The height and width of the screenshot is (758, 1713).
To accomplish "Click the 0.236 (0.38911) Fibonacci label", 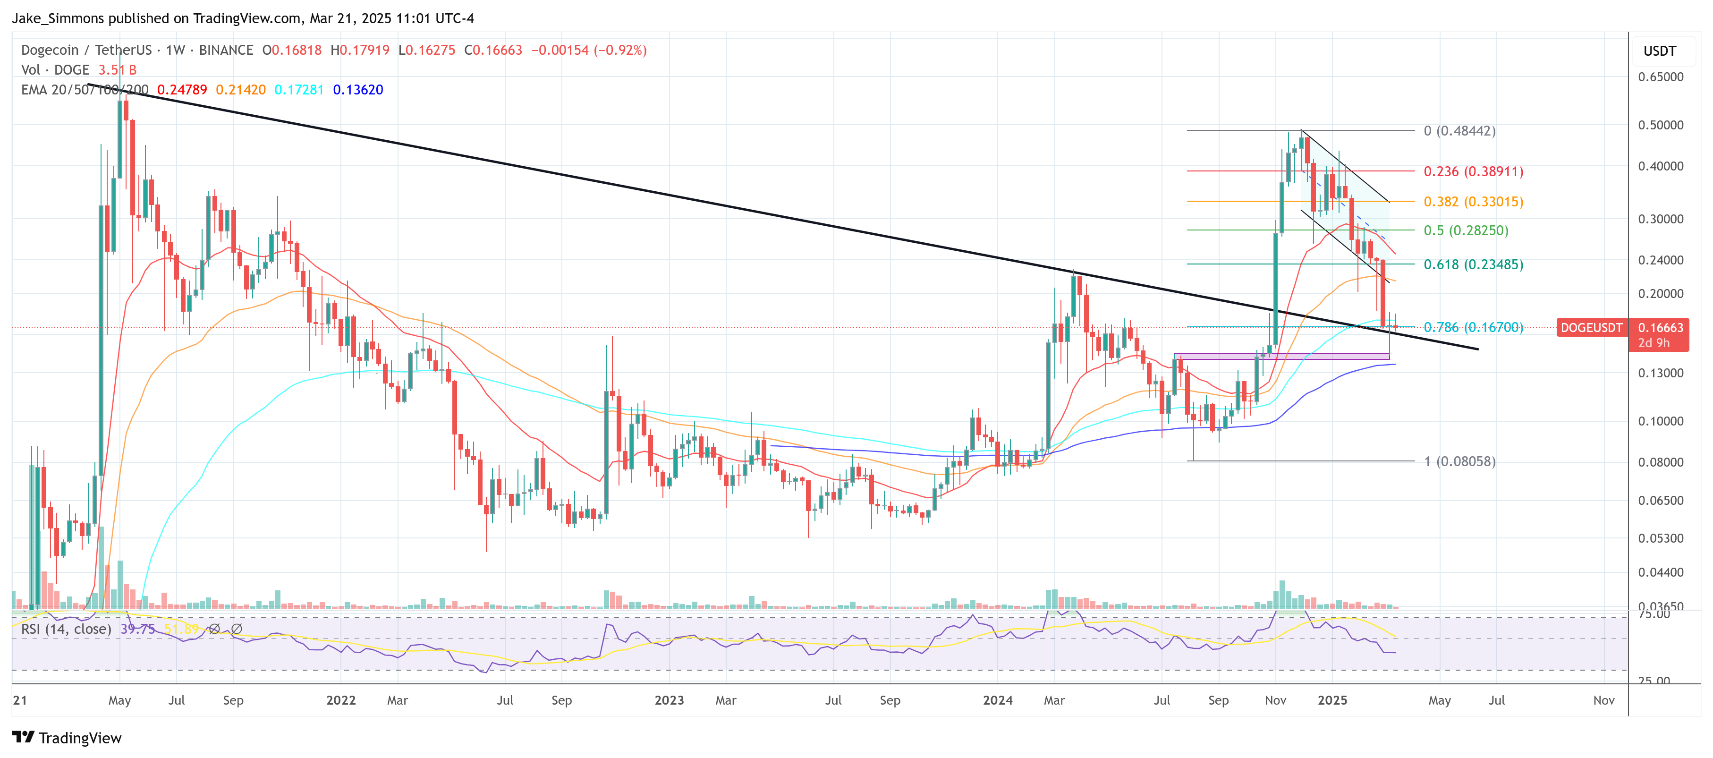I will click(1473, 171).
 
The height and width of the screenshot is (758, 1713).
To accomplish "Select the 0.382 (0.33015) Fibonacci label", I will click(1473, 202).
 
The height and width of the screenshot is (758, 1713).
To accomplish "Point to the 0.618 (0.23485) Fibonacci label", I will click(1473, 264).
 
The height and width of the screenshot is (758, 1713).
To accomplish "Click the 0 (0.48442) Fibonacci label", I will click(1459, 131).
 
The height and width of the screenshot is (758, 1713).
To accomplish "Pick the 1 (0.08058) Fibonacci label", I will click(1459, 461).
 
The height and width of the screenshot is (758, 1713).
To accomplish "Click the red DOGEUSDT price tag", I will click(1591, 328).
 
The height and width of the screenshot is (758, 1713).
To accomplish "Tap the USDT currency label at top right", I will click(1660, 51).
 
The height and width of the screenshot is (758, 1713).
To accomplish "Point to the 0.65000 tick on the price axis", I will click(1661, 77).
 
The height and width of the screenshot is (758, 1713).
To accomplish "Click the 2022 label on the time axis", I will click(341, 700).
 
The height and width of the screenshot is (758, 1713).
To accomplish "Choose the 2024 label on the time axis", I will click(998, 700).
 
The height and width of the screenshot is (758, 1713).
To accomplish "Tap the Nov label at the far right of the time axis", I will click(1603, 700).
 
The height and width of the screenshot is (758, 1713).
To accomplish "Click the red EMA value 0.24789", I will click(181, 90).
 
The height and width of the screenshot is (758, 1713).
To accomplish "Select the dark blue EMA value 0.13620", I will click(358, 90).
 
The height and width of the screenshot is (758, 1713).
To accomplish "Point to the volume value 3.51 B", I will click(117, 70).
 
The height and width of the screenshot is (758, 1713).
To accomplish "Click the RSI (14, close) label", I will click(66, 629).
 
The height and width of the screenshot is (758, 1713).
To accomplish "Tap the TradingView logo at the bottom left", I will click(67, 738).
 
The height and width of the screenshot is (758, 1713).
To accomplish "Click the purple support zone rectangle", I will click(1281, 357).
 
